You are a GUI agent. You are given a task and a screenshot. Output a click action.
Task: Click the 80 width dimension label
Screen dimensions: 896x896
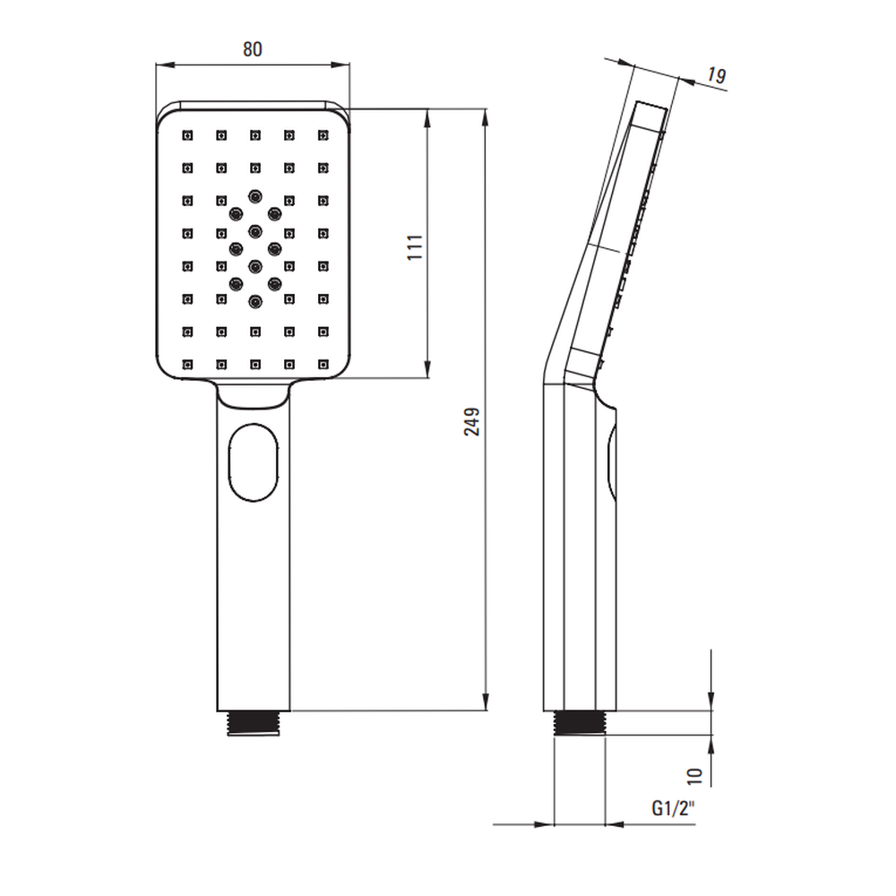point(253,49)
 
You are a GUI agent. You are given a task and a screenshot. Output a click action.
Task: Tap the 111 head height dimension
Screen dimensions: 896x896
point(416,247)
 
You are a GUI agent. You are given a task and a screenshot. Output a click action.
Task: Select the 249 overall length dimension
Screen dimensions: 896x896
point(472,422)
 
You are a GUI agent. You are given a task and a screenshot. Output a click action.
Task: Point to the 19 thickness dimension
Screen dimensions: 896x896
point(716,75)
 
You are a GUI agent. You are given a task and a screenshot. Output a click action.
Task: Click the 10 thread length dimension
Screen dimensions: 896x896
point(694,775)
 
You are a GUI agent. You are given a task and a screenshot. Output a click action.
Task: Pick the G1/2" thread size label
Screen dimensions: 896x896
point(674,808)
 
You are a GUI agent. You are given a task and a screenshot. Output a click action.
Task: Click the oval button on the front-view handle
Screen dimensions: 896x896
point(254,462)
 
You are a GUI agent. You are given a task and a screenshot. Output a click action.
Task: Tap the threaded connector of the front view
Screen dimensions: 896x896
point(254,723)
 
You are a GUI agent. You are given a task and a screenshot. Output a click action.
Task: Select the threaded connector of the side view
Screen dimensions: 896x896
point(580,722)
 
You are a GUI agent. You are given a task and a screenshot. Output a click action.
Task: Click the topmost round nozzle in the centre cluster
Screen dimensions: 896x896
point(254,195)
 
